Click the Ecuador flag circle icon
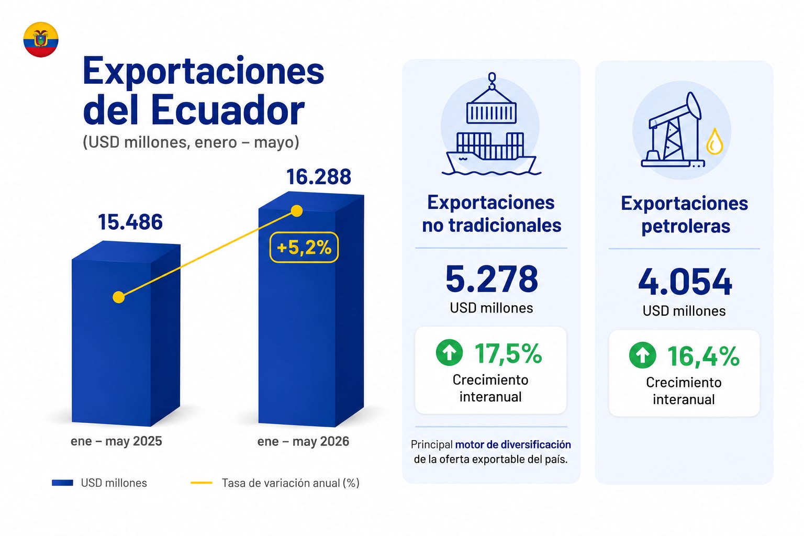click(41, 39)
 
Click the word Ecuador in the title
click(228, 110)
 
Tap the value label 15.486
click(130, 222)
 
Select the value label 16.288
click(319, 176)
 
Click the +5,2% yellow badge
click(304, 248)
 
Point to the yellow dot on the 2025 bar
click(119, 297)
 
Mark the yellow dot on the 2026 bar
click(296, 211)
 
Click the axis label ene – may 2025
click(116, 441)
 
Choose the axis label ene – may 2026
click(303, 441)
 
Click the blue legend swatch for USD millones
click(62, 483)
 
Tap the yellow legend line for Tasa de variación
click(202, 483)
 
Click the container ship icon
click(492, 125)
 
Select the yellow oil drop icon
click(714, 141)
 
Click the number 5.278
click(492, 279)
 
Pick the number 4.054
click(685, 282)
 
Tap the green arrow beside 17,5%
click(450, 353)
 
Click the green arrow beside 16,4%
click(642, 355)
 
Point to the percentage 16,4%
click(703, 356)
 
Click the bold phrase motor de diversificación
click(513, 445)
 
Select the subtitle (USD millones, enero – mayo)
click(191, 142)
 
